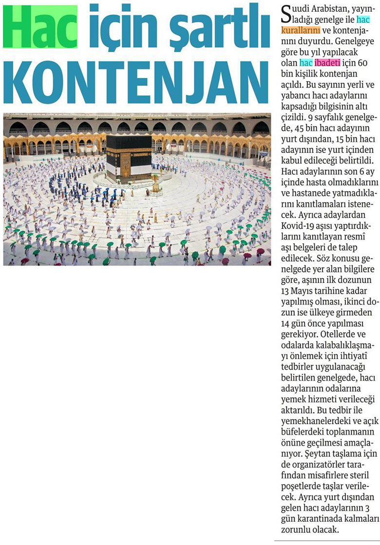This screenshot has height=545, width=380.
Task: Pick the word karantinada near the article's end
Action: pyautogui.click(x=324, y=520)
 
